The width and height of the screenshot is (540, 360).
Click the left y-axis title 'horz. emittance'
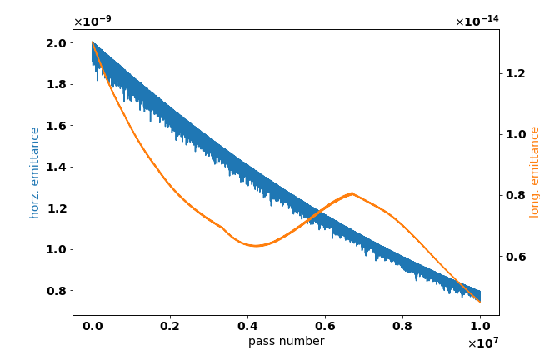35,172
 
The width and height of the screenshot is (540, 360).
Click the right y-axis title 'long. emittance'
535,172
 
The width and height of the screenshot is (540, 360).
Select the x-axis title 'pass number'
286,341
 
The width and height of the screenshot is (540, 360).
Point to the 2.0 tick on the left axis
54,43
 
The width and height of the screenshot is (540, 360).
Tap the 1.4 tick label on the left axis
54,167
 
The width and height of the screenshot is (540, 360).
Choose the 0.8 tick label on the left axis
54,291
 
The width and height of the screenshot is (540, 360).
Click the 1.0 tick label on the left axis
54,249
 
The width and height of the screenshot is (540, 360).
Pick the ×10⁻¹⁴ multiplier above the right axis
477,22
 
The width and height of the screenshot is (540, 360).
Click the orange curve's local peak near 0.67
352,193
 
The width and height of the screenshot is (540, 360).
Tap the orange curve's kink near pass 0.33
222,227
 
